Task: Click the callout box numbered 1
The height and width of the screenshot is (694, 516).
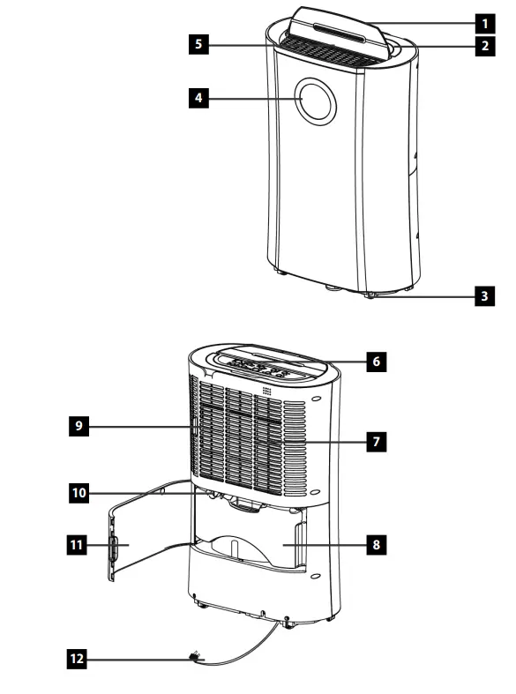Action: tap(483, 19)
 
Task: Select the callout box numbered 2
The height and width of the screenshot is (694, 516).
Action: tap(483, 45)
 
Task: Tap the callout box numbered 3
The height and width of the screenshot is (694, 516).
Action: tap(483, 295)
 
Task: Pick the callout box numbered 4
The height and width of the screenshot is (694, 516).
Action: tap(202, 99)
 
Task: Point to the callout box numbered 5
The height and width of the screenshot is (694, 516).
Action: tap(202, 44)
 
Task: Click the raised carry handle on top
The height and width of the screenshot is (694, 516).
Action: tap(335, 26)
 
